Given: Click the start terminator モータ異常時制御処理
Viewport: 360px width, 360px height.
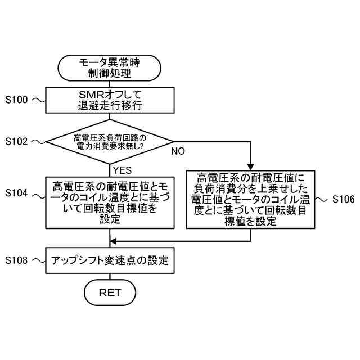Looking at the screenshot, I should pos(110,67).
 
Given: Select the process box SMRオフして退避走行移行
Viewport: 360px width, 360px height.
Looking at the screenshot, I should pos(110,100).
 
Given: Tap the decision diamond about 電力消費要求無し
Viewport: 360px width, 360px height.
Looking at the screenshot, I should pos(110,141).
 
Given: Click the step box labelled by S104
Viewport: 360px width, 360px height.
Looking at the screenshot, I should pos(110,202).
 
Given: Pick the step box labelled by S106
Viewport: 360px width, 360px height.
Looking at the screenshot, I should pos(250,199).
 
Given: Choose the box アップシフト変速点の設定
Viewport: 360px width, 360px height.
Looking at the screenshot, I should pos(110,260).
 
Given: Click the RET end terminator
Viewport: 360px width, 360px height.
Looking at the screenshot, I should pos(110,292).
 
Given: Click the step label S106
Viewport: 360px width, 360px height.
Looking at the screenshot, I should pos(343,199).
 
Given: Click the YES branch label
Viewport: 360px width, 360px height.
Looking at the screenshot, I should pos(122,170).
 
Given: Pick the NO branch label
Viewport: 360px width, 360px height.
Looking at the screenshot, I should pos(178,151).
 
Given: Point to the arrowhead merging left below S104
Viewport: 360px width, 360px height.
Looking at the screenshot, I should pos(113,240).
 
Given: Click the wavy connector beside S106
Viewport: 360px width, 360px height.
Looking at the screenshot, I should pos(322,199).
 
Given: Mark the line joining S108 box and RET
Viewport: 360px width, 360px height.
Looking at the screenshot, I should pos(110,277).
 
